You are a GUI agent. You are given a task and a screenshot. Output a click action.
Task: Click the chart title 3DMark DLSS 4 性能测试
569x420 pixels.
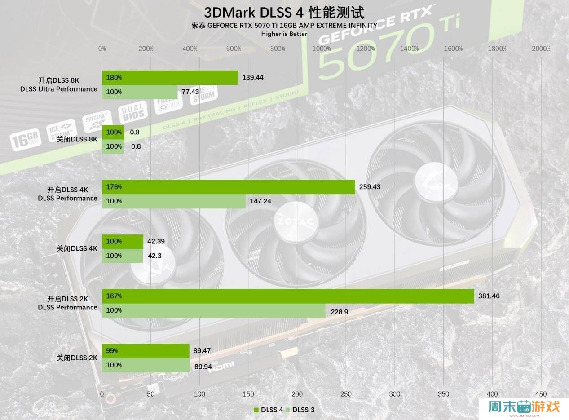[284, 12]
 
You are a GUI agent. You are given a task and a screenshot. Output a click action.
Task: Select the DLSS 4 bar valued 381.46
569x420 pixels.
[288, 296]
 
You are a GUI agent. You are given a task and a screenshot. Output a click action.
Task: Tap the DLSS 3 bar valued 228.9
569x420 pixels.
[214, 310]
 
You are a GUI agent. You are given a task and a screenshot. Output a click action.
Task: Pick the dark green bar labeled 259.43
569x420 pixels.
[229, 187]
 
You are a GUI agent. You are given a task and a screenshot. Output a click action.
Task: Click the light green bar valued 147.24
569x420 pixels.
[174, 201]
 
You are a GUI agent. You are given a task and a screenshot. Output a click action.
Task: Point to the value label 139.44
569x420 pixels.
[253, 78]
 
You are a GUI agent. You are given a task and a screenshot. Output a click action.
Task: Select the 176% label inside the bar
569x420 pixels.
[114, 187]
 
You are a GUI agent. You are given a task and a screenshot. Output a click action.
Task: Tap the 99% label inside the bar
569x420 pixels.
[112, 351]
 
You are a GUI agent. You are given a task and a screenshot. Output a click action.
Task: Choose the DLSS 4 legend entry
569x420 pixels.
[269, 410]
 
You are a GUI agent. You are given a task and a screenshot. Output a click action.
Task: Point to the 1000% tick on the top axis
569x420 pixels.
[322, 49]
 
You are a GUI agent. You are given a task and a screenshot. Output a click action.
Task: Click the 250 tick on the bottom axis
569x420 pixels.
[346, 394]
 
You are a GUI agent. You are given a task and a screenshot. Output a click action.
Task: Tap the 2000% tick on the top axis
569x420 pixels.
[541, 49]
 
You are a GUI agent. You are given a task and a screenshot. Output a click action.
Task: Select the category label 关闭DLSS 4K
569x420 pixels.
[77, 248]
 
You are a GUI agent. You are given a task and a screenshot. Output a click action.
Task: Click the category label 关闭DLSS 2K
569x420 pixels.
[77, 358]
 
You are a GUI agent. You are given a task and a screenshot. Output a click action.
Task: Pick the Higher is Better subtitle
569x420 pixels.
[284, 34]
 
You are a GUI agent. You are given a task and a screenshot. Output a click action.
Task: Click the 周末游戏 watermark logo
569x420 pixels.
[524, 408]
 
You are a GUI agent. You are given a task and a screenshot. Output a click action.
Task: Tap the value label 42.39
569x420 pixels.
[156, 242]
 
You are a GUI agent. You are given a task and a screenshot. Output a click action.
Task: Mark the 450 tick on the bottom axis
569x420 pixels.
[541, 394]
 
